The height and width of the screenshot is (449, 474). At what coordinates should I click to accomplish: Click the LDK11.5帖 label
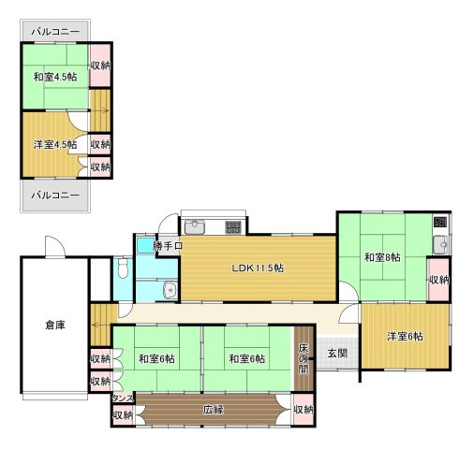[x=259, y=268]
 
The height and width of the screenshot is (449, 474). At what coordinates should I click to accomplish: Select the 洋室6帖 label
[x=406, y=337]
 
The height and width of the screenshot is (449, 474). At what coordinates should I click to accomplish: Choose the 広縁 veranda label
[x=213, y=409]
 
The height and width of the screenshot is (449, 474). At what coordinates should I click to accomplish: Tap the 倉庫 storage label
[x=54, y=325]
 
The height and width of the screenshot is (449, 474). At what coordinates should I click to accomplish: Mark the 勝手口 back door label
[x=168, y=246]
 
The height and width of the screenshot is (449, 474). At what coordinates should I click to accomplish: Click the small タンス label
[x=122, y=398]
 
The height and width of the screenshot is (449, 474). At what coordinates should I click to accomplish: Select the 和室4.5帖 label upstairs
[x=54, y=77]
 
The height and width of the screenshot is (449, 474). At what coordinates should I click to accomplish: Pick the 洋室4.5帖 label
[x=54, y=144]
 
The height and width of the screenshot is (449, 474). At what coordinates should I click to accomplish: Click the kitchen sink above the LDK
[x=195, y=226]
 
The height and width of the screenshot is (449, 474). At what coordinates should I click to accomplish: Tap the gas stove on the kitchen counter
[x=232, y=226]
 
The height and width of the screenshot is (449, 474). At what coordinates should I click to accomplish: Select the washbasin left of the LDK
[x=168, y=290]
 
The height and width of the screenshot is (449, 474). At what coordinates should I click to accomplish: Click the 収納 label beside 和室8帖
[x=438, y=280]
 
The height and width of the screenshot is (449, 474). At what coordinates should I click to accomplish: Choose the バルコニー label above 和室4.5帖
[x=54, y=31]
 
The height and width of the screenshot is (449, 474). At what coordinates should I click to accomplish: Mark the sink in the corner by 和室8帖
[x=440, y=244]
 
